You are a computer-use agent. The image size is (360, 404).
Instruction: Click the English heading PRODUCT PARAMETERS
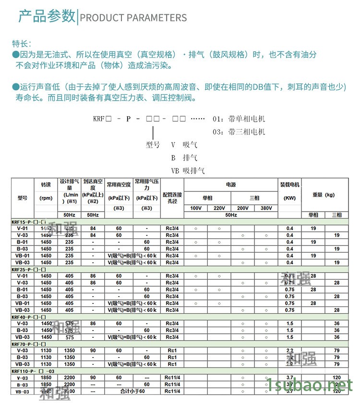click(133, 18)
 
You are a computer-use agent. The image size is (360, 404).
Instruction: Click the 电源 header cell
click(230, 184)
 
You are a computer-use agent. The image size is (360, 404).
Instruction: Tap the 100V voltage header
click(196, 208)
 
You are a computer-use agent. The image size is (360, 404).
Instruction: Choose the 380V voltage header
click(266, 208)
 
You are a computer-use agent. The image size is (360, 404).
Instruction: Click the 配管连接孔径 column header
click(172, 198)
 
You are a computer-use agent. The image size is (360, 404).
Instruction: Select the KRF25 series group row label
click(28, 269)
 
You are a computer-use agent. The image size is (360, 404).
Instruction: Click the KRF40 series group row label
click(28, 317)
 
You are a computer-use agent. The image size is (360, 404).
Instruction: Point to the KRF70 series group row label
click(28, 344)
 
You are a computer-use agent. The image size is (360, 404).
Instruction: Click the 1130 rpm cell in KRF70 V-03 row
click(46, 350)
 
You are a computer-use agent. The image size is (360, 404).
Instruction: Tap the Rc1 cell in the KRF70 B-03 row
click(172, 357)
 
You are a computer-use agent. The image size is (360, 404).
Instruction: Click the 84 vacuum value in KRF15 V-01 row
click(93, 228)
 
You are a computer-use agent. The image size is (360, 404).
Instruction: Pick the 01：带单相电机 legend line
click(239, 119)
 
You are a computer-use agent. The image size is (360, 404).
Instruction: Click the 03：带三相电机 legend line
click(239, 131)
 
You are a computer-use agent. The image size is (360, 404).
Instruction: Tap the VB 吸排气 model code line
click(188, 170)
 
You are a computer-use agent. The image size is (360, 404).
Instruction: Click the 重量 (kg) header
click(324, 195)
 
